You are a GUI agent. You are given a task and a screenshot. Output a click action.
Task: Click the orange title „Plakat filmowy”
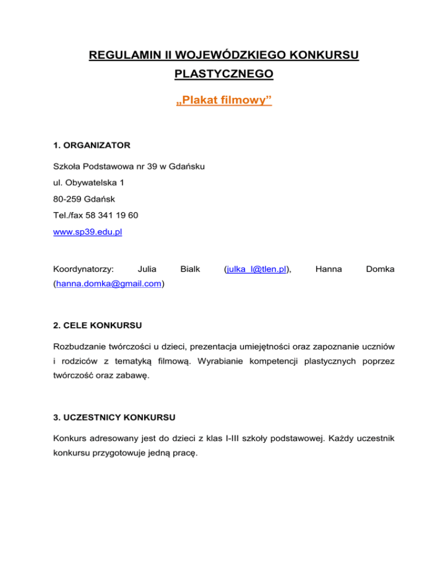224,101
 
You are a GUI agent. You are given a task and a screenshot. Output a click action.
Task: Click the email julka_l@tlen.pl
258,269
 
